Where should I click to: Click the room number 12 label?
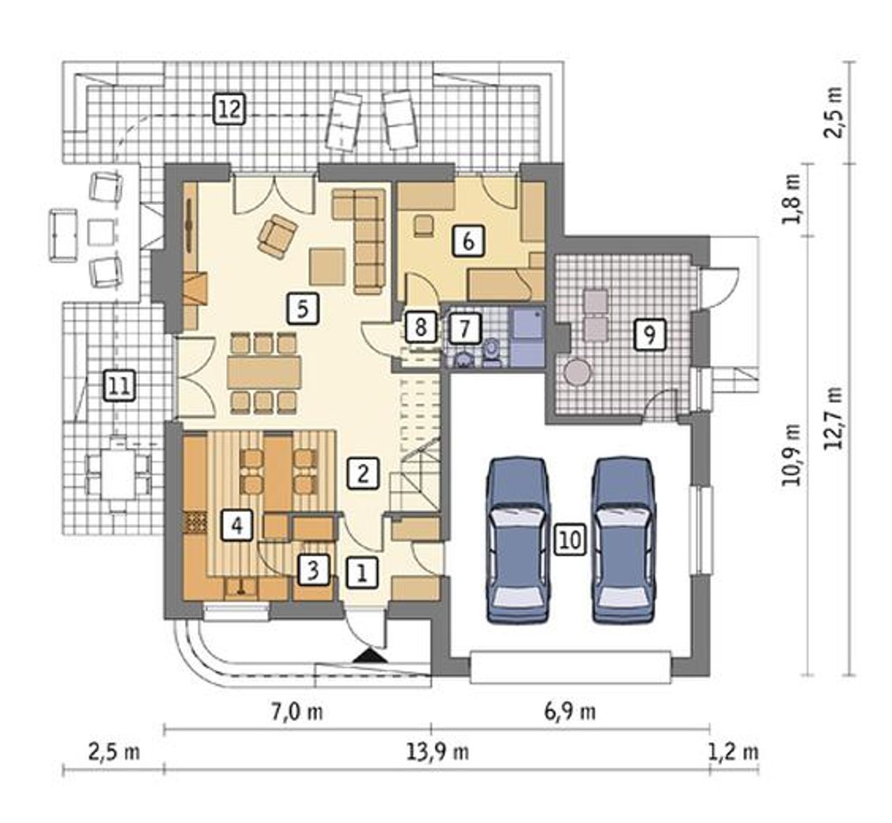(229, 108)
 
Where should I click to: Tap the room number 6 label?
(468, 241)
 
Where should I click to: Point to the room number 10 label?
(571, 540)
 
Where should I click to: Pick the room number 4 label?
(238, 524)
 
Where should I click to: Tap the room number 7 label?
(465, 327)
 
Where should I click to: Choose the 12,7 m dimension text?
(836, 418)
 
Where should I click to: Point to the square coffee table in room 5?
(328, 266)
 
